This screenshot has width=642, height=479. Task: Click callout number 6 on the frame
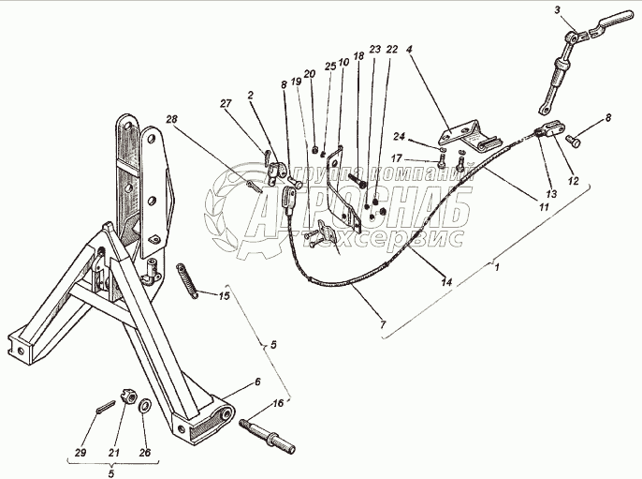[x=256, y=382]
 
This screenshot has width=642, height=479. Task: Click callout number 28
[x=171, y=118]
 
